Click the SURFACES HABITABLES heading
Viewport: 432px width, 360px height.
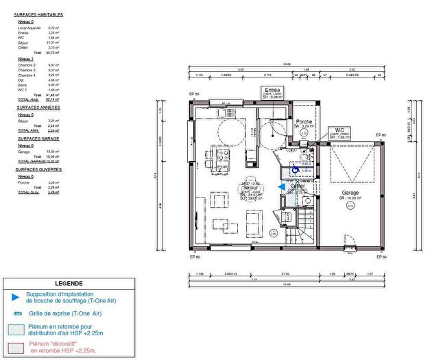tap(39, 14)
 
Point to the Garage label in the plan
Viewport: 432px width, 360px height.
tap(350, 193)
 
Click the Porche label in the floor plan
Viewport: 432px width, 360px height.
tap(303, 122)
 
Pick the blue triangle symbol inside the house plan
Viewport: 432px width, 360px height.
tap(281, 186)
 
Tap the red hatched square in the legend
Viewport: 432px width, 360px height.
tap(15, 347)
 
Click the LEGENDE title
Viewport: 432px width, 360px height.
tap(69, 283)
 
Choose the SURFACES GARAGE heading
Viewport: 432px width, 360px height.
tap(38, 139)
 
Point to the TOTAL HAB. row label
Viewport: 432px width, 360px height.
tap(27, 99)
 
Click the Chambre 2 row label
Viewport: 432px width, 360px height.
tap(27, 64)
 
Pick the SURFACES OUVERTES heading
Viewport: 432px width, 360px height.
tap(39, 169)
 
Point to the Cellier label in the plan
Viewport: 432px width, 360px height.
tap(297, 185)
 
